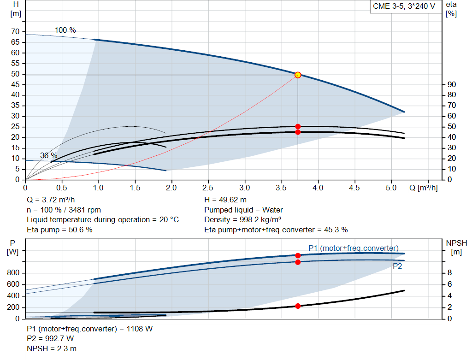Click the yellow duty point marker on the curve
(x=298, y=75)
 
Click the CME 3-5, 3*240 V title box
(x=404, y=6)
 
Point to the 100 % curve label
(x=65, y=30)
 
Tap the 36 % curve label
(x=49, y=156)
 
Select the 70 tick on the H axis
(x=16, y=32)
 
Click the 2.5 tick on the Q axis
(x=208, y=188)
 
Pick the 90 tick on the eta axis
(x=452, y=85)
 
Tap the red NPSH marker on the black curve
(x=298, y=306)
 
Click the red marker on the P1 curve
(x=298, y=255)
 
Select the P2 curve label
(x=397, y=266)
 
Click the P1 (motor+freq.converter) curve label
(x=354, y=248)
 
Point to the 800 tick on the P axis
(x=14, y=273)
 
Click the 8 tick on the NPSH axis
(x=450, y=273)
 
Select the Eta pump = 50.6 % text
(x=59, y=230)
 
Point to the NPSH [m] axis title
(x=456, y=247)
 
